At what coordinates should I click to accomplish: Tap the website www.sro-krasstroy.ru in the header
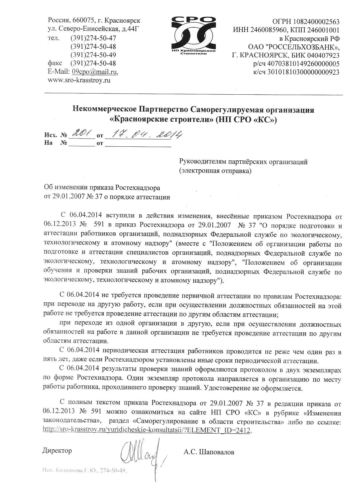tap(79, 80)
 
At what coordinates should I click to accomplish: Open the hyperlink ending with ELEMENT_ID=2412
tap(146, 430)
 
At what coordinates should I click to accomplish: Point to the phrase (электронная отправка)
tap(215, 171)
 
